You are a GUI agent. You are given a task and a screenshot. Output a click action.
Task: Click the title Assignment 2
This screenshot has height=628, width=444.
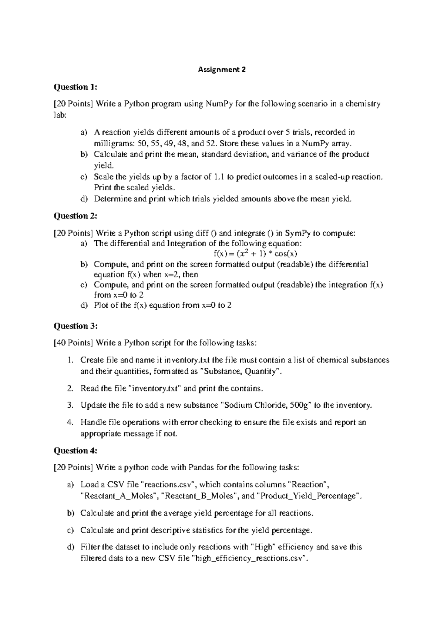[x=222, y=69]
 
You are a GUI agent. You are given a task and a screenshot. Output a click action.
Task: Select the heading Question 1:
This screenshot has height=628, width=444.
[x=76, y=87]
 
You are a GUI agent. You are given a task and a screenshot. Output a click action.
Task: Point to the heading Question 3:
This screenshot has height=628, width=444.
[x=76, y=326]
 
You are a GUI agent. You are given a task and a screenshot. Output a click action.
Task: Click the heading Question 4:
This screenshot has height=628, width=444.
[x=76, y=451]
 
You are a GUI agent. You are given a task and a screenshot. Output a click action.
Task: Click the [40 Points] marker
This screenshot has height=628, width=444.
[x=74, y=343]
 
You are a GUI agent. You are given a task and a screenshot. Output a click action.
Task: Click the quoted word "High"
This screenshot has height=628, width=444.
[x=263, y=547]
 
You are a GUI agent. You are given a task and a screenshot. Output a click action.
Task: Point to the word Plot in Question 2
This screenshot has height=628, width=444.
[x=101, y=305]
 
